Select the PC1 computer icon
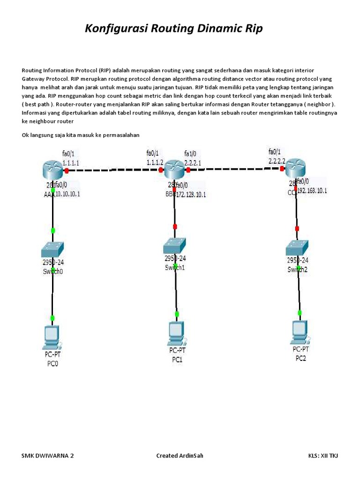(176, 333)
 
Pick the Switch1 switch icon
(175, 245)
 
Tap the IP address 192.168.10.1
(312, 191)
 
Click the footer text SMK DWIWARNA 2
(48, 456)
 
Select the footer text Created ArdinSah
(180, 456)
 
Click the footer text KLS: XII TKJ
(322, 456)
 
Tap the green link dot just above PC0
(52, 318)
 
